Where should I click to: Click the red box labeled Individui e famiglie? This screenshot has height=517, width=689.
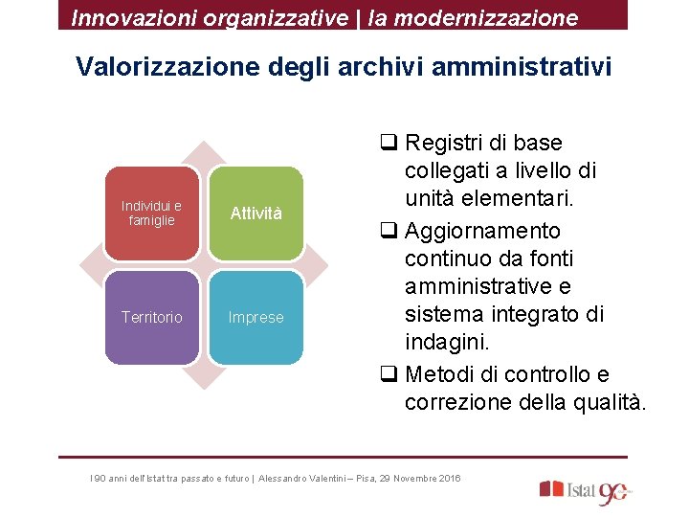(151, 213)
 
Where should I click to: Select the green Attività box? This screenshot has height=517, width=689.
(256, 213)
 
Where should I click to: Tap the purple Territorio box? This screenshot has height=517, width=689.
(151, 317)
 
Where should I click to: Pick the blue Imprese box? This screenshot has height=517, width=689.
(256, 317)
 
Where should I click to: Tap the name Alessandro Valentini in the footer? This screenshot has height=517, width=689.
(308, 478)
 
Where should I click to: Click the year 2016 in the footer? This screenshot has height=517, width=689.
(448, 478)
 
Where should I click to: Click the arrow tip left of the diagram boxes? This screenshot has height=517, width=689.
(88, 264)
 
